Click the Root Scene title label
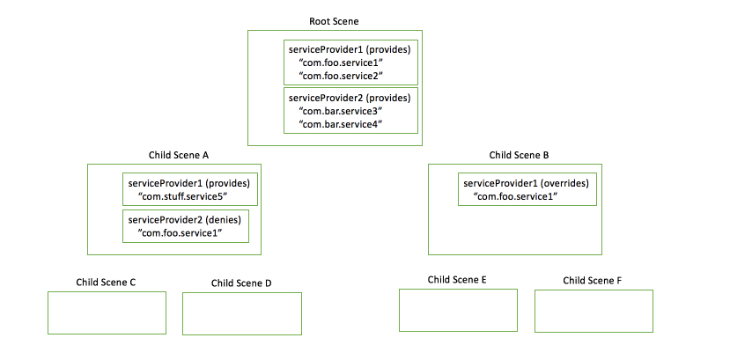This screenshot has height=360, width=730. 334,21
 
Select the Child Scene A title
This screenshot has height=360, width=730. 178,155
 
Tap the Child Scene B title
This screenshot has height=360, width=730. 519,155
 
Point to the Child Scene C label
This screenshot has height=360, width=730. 107,283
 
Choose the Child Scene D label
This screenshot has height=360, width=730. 241,283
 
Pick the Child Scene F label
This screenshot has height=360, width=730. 593,281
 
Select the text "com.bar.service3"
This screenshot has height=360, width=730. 340,112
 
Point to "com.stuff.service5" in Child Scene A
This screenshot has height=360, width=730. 182,195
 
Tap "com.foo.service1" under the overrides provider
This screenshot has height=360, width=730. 515,195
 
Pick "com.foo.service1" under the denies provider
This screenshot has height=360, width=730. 179,232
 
